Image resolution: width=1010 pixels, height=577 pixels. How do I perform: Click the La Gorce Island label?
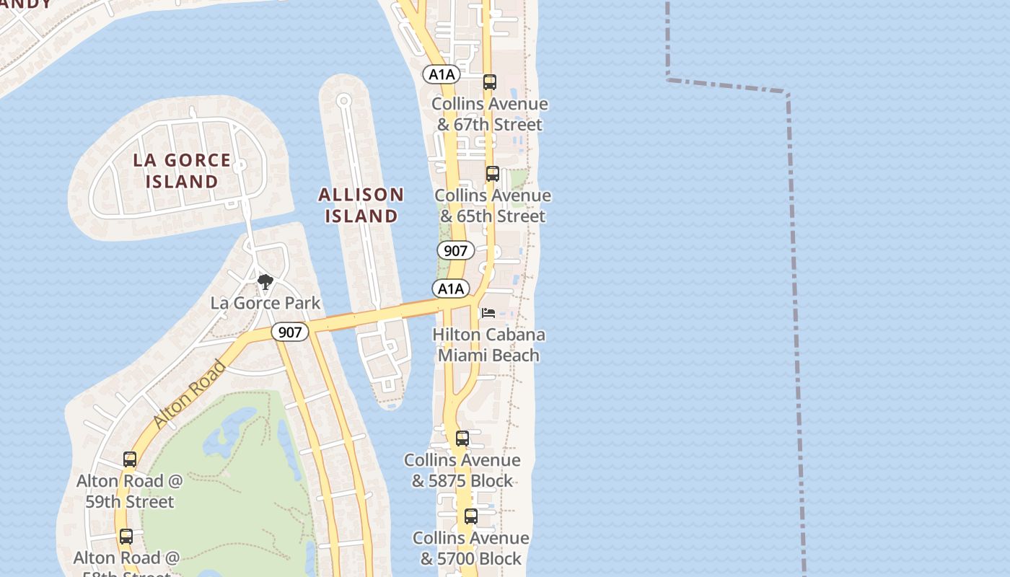182,171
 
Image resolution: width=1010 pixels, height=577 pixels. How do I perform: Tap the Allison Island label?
361,206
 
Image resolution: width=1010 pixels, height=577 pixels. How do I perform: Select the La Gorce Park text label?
265,303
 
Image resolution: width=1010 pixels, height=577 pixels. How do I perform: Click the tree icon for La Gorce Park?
265,282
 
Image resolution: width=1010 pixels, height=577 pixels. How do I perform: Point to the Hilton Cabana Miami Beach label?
488,345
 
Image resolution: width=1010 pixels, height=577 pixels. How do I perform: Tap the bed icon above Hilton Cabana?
488,313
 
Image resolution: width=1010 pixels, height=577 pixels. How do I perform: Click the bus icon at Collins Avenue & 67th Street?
490,82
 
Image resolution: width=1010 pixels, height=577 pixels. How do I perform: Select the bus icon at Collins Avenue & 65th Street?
493,174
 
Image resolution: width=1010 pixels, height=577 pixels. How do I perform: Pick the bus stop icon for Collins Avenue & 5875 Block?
462,439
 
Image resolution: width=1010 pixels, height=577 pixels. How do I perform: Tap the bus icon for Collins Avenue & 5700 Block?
471,516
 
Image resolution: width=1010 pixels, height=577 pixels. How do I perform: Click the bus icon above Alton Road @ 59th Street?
130,459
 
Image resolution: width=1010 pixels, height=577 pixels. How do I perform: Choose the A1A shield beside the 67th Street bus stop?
442,74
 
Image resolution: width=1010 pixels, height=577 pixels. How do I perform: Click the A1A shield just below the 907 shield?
451,288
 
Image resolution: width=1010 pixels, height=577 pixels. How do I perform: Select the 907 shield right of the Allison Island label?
455,251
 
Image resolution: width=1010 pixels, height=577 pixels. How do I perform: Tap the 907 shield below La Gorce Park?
290,332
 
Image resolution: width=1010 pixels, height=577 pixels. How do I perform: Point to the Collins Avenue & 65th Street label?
493,206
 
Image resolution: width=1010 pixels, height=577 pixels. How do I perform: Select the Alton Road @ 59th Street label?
130,491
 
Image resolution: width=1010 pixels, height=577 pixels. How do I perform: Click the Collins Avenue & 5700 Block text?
470,548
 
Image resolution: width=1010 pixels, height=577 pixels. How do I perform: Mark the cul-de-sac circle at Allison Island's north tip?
344,100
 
